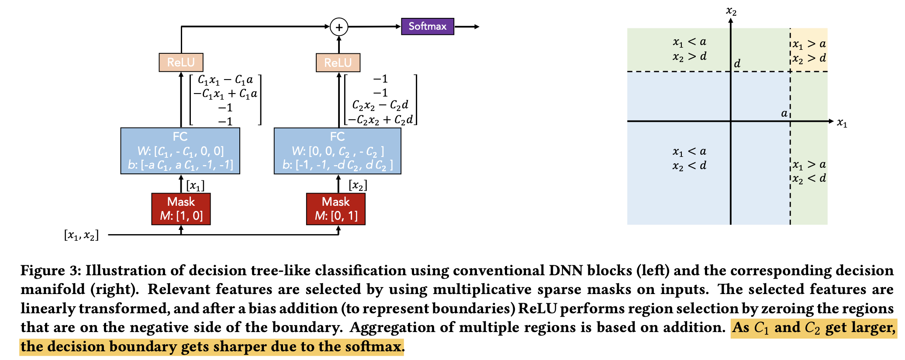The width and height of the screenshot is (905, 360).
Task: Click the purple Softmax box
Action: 427,27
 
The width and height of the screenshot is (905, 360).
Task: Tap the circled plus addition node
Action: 339,27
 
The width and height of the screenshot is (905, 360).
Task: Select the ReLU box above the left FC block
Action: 181,62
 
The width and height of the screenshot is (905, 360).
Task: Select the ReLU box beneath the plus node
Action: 338,62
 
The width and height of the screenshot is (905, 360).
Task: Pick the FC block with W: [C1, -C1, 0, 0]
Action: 180,151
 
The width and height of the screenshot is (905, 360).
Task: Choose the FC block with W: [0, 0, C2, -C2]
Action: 337,151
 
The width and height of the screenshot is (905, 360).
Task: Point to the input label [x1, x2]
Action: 81,235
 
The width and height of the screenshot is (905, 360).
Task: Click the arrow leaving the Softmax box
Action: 467,27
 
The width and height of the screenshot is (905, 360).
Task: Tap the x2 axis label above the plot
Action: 731,10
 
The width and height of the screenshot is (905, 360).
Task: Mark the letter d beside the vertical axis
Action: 737,64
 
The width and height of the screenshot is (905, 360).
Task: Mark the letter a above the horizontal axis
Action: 784,114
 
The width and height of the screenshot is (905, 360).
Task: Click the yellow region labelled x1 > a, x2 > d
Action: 809,50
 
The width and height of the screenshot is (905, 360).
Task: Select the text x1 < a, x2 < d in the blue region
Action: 689,158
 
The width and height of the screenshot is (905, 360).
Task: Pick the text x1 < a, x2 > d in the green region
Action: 689,49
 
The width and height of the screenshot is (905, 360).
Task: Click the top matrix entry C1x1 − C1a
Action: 225,80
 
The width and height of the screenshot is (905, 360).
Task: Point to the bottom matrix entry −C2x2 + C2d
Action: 380,120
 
